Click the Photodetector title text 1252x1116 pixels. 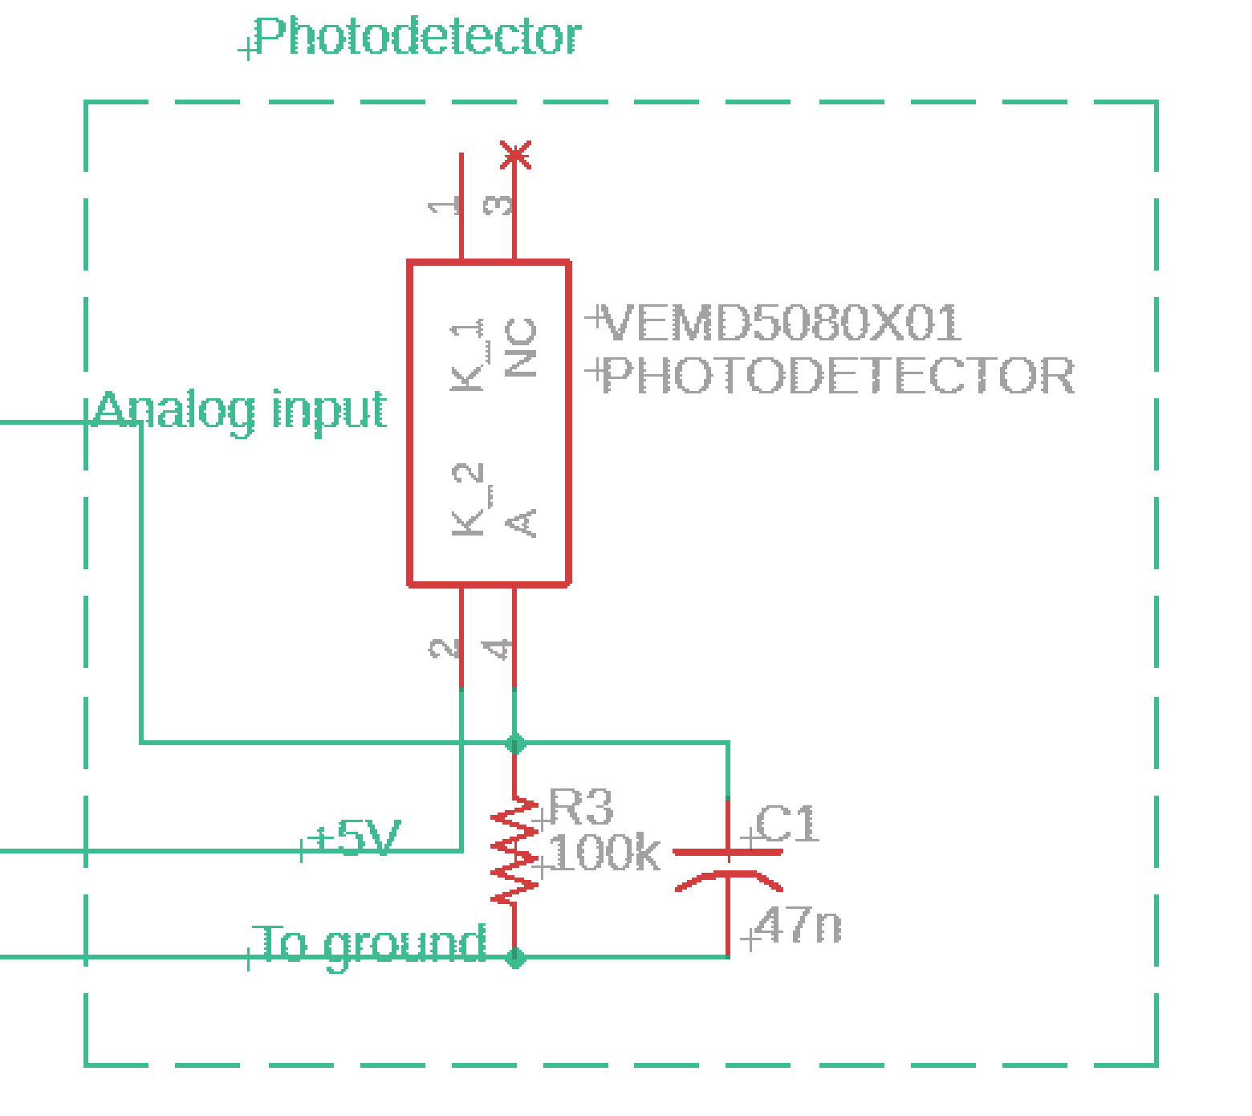(417, 37)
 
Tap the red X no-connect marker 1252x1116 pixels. (515, 155)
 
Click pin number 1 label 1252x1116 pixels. (445, 206)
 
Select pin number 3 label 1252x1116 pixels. (498, 206)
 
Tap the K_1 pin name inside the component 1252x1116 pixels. (467, 355)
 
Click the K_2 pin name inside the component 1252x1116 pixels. (468, 499)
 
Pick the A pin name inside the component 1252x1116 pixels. (522, 522)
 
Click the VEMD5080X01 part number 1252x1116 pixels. (780, 323)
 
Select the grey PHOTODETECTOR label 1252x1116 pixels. (837, 376)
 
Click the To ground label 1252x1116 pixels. (371, 943)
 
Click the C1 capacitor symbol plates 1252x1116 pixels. (728, 867)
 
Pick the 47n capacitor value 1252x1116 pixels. (798, 925)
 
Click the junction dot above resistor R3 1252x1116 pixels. (515, 744)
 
